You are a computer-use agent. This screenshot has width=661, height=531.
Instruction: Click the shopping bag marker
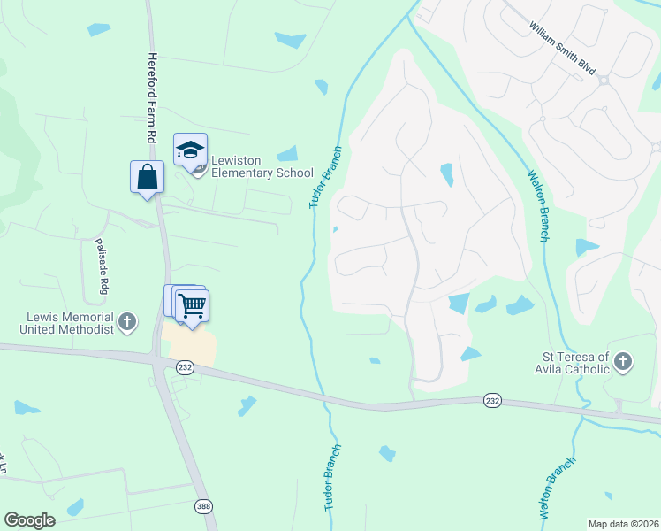click(147, 176)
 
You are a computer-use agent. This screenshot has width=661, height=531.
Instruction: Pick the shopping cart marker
click(192, 306)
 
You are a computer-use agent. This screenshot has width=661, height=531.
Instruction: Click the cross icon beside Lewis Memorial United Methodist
click(127, 322)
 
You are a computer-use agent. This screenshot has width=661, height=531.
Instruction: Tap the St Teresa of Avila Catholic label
click(574, 363)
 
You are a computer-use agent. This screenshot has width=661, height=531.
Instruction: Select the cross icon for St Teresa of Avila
click(623, 362)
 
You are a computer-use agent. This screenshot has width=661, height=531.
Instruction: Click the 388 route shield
click(203, 505)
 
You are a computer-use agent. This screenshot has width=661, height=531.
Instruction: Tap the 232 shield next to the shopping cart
click(185, 367)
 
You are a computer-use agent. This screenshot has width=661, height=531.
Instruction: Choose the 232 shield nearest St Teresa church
click(492, 401)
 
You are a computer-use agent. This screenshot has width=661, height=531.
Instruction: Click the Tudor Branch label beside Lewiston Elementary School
click(324, 177)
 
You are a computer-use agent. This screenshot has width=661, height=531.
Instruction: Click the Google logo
click(29, 520)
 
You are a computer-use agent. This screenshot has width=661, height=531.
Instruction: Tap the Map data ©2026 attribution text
click(623, 524)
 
